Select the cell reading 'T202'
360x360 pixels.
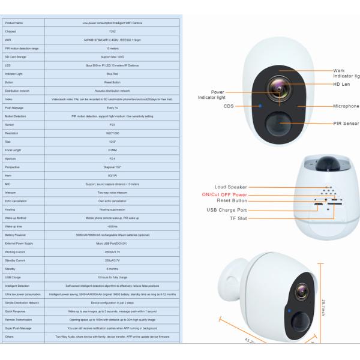tap(112, 31)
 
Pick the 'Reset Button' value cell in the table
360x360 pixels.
tap(112, 82)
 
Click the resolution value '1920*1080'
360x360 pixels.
tap(112, 133)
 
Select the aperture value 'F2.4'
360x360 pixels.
tap(112, 158)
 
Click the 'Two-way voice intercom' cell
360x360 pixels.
tap(112, 192)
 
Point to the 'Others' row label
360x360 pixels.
tap(10, 337)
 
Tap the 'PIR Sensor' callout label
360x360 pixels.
tap(346, 123)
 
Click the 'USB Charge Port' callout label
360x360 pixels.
tap(226, 210)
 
